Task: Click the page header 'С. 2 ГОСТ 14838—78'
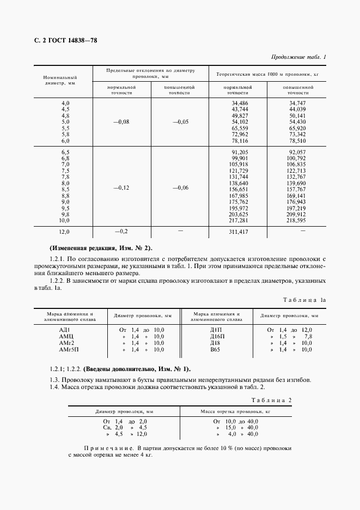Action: click(x=62, y=41)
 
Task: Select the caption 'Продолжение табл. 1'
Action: click(x=298, y=58)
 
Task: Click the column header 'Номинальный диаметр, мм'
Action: click(x=60, y=81)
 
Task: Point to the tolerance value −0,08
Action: click(x=121, y=122)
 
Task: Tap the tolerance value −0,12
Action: click(x=121, y=187)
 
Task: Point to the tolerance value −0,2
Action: click(x=121, y=232)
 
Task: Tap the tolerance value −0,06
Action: click(x=180, y=187)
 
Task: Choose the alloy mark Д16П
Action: click(x=216, y=336)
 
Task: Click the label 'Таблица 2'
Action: click(x=273, y=400)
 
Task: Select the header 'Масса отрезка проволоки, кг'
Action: click(x=236, y=412)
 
